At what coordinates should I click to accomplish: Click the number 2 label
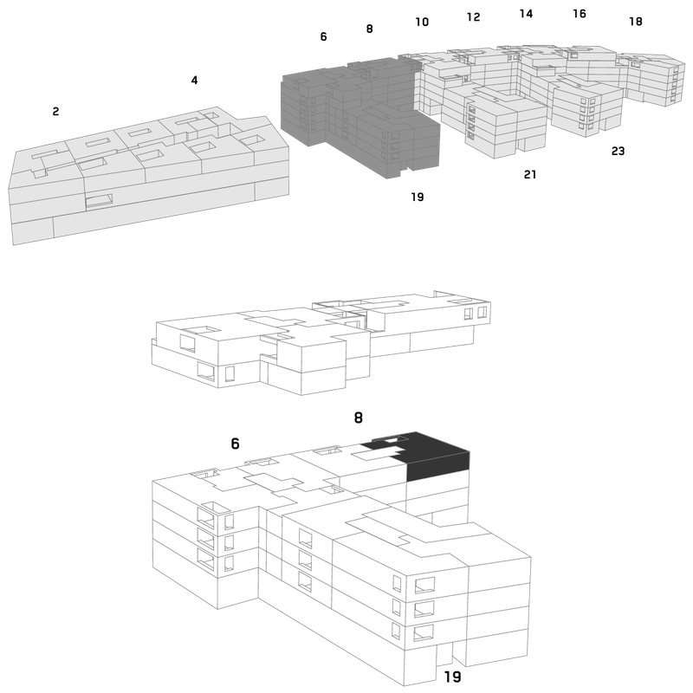(x=55, y=112)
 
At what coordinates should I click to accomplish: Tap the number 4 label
(x=194, y=80)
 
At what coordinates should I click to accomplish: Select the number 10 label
(x=422, y=22)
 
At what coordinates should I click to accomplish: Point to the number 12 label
(x=473, y=16)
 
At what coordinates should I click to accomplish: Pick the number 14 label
(x=526, y=14)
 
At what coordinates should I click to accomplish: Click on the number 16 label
(x=580, y=14)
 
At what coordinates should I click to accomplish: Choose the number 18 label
(x=636, y=21)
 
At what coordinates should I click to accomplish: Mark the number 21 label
(x=530, y=175)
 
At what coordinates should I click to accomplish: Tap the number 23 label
(x=618, y=151)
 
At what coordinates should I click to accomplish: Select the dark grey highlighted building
(x=360, y=117)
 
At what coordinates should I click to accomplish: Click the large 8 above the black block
(x=359, y=418)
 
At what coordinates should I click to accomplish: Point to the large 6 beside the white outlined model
(x=235, y=444)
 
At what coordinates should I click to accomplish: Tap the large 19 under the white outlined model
(x=452, y=677)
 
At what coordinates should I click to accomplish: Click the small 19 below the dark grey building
(x=418, y=197)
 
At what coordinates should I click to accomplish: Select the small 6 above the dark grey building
(x=323, y=36)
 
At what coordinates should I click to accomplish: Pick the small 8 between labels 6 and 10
(x=370, y=29)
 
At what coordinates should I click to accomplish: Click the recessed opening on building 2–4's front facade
(x=99, y=201)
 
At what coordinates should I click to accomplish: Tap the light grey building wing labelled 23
(x=587, y=106)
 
